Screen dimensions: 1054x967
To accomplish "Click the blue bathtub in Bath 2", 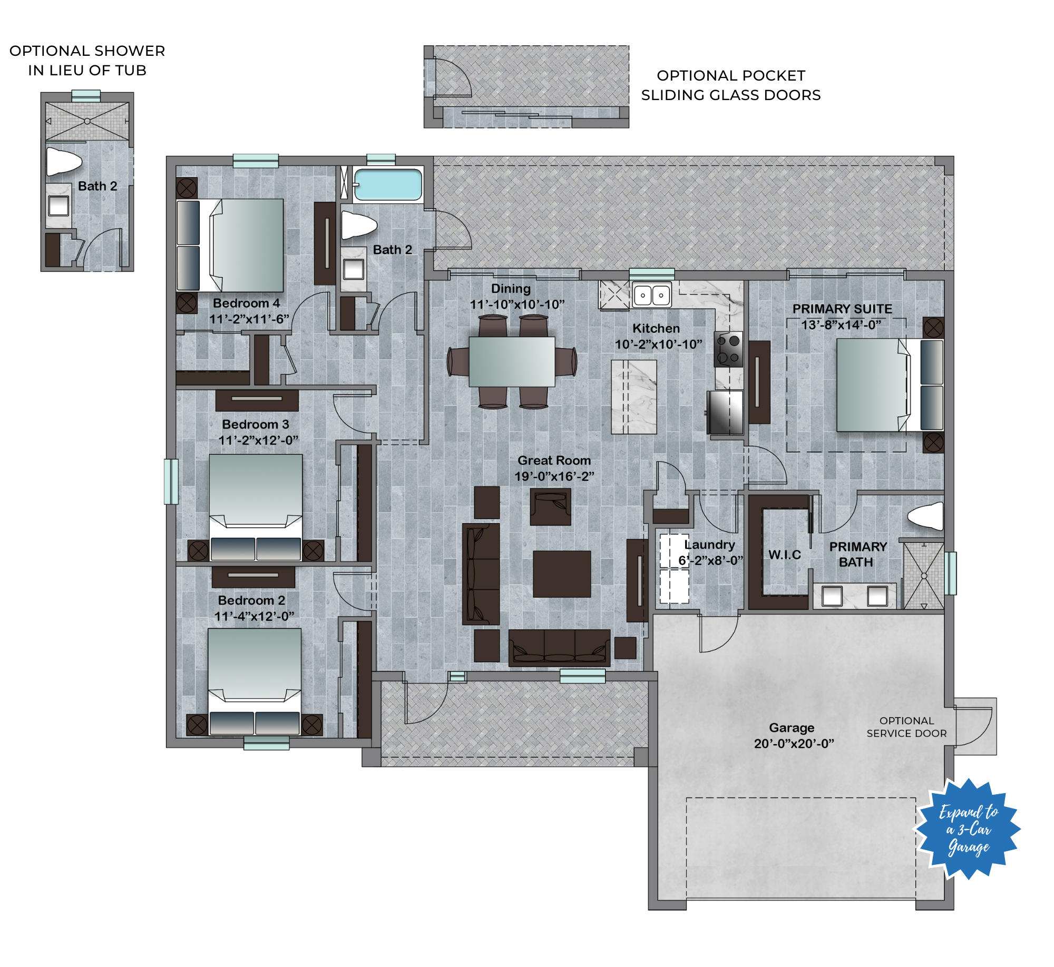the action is click(x=388, y=184).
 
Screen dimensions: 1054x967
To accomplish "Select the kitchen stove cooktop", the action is click(x=728, y=349).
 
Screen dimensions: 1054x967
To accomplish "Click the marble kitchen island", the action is click(x=633, y=397).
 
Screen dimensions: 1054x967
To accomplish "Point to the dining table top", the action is click(x=512, y=361).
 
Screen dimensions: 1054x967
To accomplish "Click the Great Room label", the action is click(x=554, y=460).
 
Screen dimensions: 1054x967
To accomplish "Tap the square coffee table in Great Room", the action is click(x=562, y=574).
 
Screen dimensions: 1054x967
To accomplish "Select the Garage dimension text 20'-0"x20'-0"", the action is click(x=794, y=744).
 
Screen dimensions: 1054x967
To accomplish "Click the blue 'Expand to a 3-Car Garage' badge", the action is click(x=967, y=830).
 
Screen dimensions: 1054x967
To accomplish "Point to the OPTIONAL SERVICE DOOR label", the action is click(x=906, y=727).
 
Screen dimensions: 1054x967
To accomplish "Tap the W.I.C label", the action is click(x=784, y=555).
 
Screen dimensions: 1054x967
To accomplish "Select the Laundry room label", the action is click(x=709, y=545).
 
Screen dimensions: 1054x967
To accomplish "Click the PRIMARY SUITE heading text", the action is click(x=842, y=309).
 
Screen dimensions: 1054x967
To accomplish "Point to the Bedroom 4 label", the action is click(x=246, y=303).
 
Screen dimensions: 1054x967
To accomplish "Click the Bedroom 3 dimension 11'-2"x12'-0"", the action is click(x=258, y=440).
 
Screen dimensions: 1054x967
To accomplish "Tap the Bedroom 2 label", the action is click(x=251, y=600).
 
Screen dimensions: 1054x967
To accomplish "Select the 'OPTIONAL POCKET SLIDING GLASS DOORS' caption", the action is click(x=731, y=85).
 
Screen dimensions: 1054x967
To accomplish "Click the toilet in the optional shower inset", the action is click(x=64, y=161).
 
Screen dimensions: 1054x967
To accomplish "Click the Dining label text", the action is click(x=511, y=289).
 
